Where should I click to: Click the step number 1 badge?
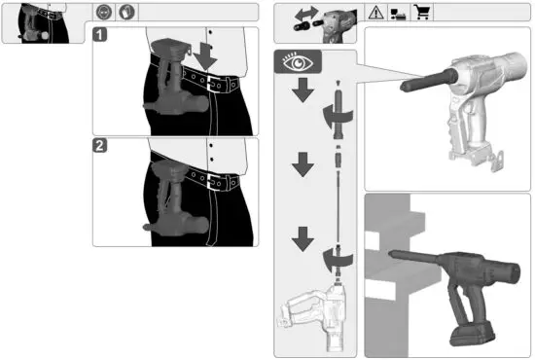click(101, 36)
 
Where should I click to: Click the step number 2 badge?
click(101, 148)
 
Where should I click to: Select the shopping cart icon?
click(423, 14)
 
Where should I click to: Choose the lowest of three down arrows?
click(303, 236)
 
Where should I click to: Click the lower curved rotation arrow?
click(338, 258)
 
